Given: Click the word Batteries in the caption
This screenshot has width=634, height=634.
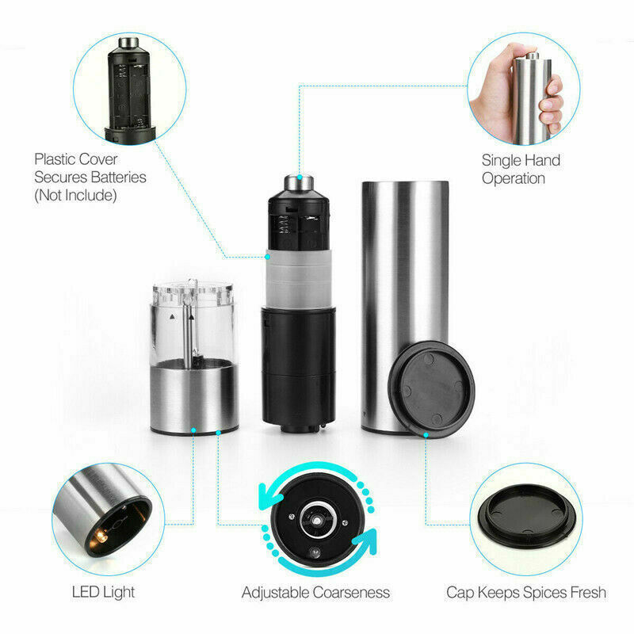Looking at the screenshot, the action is pyautogui.click(x=118, y=178).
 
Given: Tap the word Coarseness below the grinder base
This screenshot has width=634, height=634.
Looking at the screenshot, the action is pyautogui.click(x=351, y=592).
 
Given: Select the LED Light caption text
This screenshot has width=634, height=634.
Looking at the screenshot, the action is pyautogui.click(x=103, y=592).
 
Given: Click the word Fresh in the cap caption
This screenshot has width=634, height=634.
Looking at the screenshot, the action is pyautogui.click(x=588, y=592).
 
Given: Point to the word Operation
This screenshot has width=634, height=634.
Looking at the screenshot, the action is pyautogui.click(x=514, y=178).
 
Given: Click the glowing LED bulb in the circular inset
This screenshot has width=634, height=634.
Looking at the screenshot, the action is pyautogui.click(x=101, y=537).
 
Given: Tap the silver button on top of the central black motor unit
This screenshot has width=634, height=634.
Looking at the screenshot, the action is pyautogui.click(x=299, y=182).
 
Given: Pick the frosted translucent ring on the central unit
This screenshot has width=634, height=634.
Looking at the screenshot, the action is pyautogui.click(x=299, y=279).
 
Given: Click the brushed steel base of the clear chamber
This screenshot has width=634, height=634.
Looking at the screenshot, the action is pyautogui.click(x=194, y=399).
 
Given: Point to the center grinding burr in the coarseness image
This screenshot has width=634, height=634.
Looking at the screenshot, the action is pyautogui.click(x=318, y=520).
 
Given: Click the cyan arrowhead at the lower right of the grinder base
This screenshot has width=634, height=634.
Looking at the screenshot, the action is pyautogui.click(x=367, y=542).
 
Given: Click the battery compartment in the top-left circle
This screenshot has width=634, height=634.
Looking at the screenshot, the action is pyautogui.click(x=130, y=91).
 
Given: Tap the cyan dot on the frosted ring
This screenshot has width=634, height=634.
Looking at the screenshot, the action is pyautogui.click(x=267, y=257).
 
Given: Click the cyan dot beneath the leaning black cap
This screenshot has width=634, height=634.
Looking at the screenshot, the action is pyautogui.click(x=426, y=435).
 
